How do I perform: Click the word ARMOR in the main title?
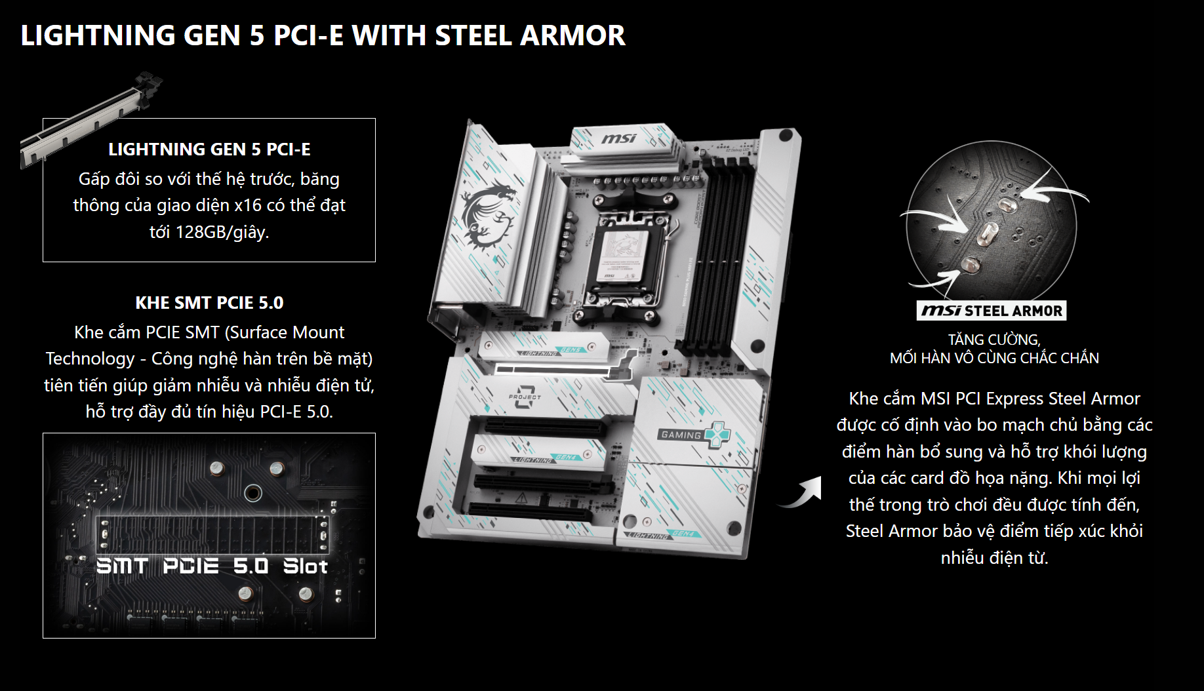pyautogui.click(x=572, y=35)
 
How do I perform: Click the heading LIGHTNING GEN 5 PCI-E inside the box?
pyautogui.click(x=209, y=149)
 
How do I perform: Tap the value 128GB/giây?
pyautogui.click(x=222, y=232)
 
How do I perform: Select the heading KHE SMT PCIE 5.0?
pyautogui.click(x=209, y=303)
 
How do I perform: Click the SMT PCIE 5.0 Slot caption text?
pyautogui.click(x=212, y=566)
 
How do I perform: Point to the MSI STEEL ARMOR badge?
pyautogui.click(x=992, y=311)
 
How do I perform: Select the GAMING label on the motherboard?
pyautogui.click(x=681, y=435)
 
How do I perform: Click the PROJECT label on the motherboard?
pyautogui.click(x=525, y=397)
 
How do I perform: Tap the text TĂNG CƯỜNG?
pyautogui.click(x=994, y=340)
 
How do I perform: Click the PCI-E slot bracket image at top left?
pyautogui.click(x=91, y=122)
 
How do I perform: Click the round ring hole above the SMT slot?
pyautogui.click(x=253, y=493)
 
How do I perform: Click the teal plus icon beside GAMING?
pyautogui.click(x=715, y=434)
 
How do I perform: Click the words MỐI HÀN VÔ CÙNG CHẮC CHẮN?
pyautogui.click(x=994, y=358)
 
